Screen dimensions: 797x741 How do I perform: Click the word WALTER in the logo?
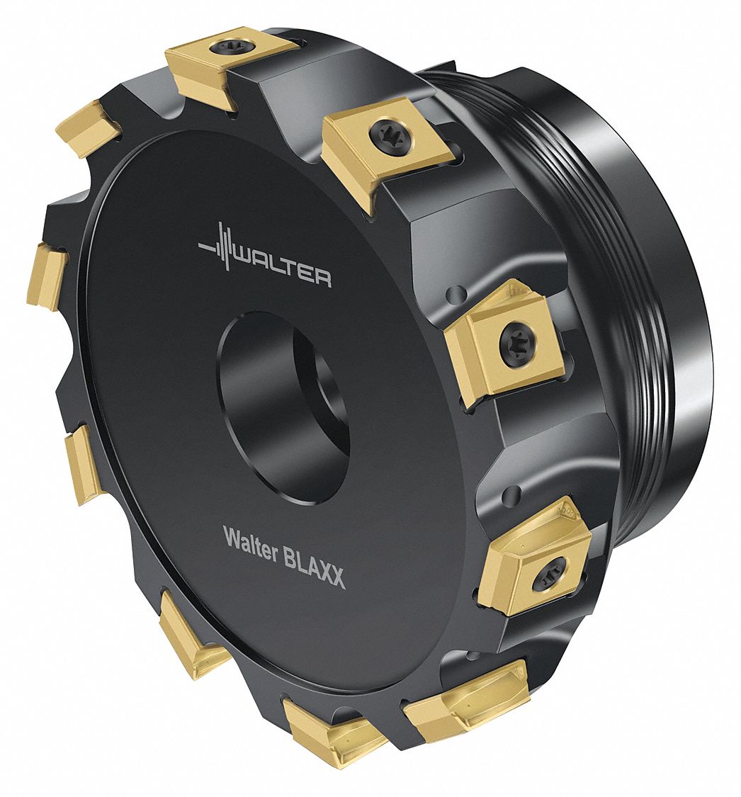[x=281, y=266]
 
